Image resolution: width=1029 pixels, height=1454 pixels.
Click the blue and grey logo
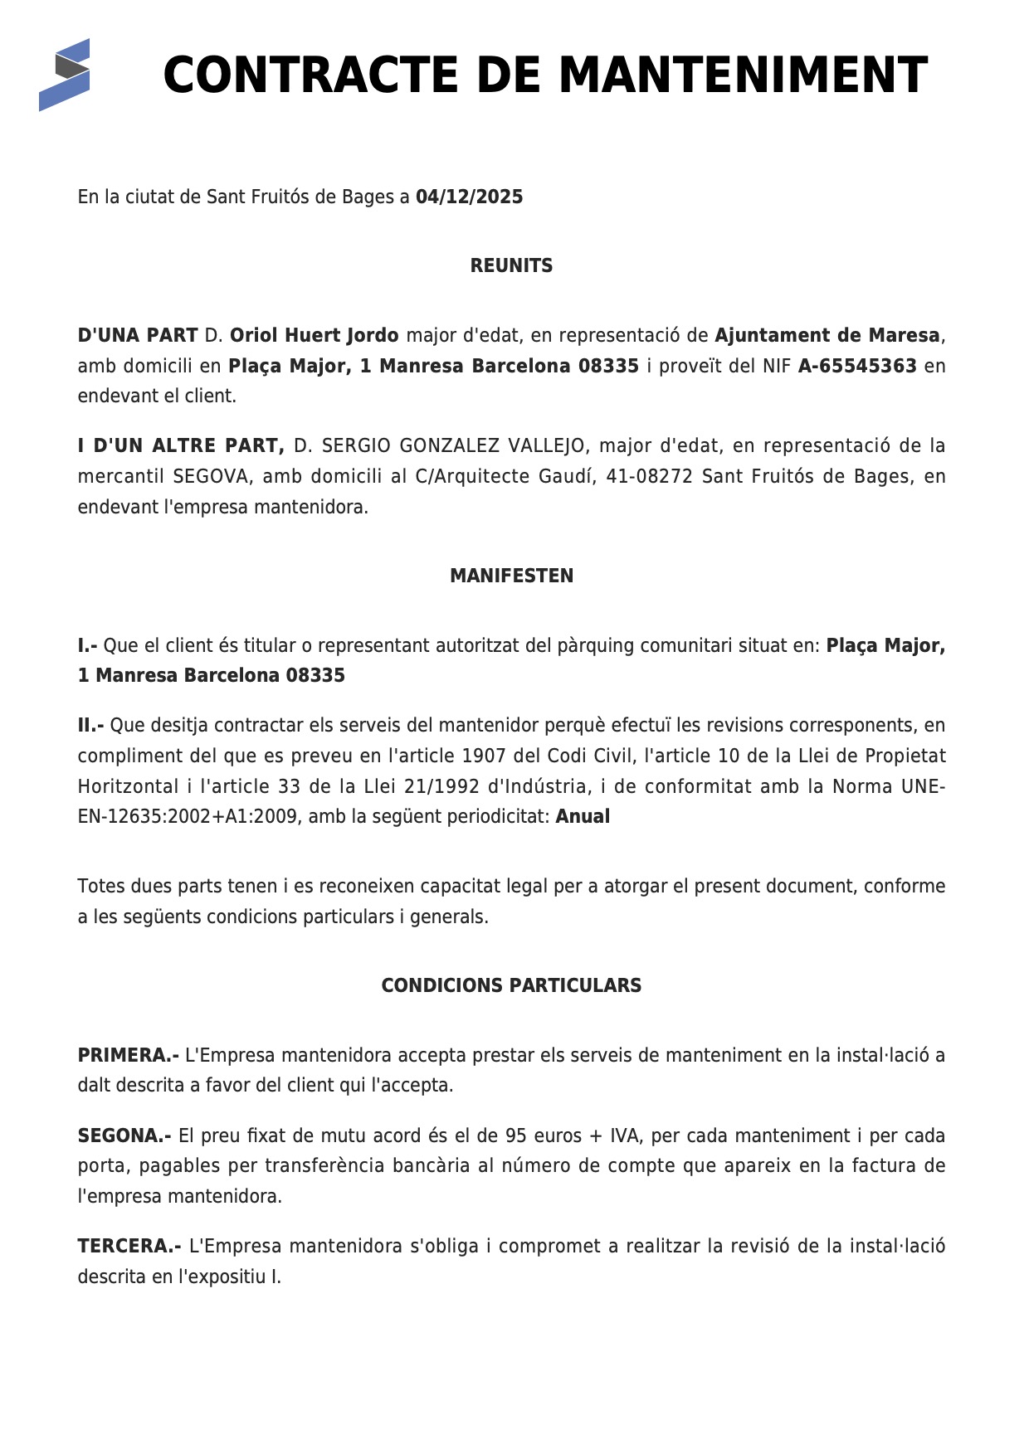64,75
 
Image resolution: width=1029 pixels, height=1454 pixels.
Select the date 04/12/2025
469,197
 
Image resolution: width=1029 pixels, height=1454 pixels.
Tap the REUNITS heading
511,266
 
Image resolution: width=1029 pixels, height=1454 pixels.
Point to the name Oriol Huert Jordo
314,336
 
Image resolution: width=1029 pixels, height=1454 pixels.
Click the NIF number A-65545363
857,367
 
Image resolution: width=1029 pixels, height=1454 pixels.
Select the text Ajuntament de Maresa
827,336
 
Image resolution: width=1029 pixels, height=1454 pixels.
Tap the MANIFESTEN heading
511,576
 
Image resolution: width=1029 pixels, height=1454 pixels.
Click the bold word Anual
583,817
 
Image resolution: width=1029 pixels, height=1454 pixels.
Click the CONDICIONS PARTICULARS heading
511,986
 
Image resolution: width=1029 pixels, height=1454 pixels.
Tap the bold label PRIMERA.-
128,1056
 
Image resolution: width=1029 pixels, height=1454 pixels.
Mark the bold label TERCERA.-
129,1247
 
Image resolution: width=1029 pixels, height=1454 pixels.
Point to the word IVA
625,1136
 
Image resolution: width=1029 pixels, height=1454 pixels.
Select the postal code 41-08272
649,477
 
